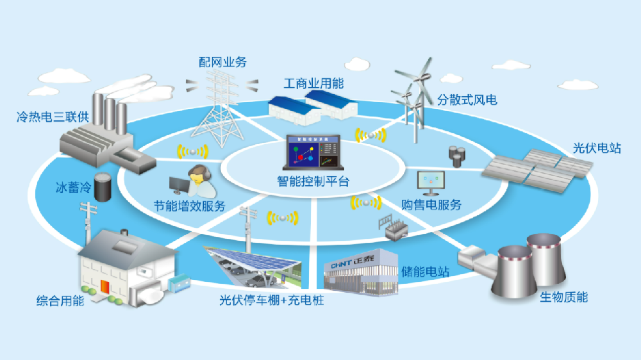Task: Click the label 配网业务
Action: tap(222, 63)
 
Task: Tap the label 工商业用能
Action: tap(313, 84)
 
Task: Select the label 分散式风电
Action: tap(467, 100)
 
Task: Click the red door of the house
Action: tap(104, 286)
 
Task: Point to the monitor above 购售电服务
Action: tap(430, 182)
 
